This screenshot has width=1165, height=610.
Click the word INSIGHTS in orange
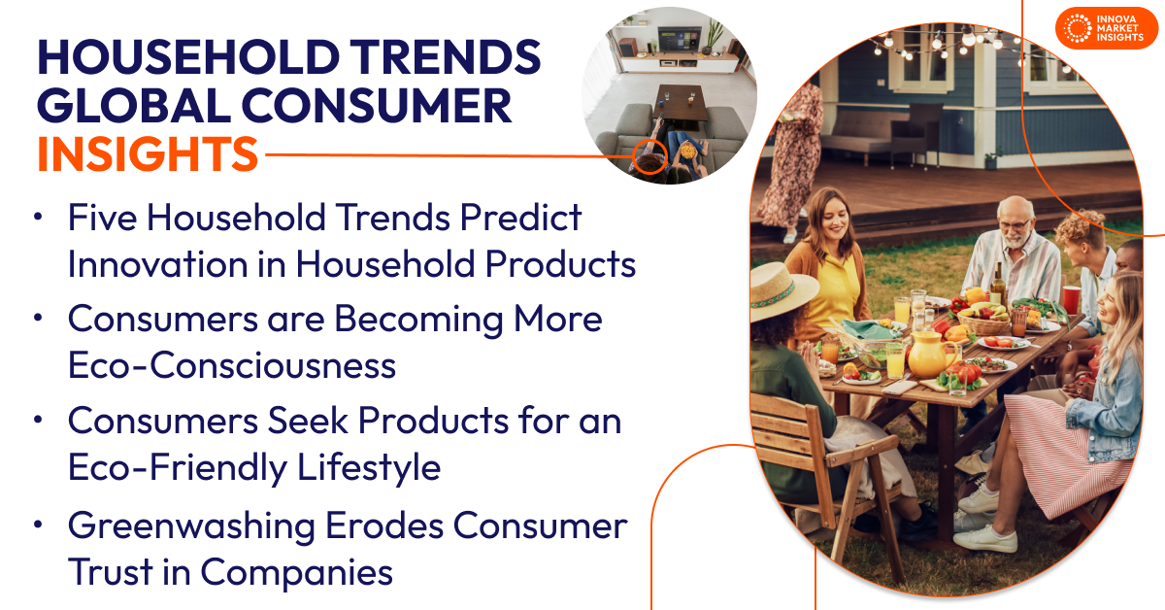click(x=148, y=154)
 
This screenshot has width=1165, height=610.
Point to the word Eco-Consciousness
click(x=232, y=365)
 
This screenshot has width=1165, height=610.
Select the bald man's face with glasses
click(x=1012, y=219)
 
